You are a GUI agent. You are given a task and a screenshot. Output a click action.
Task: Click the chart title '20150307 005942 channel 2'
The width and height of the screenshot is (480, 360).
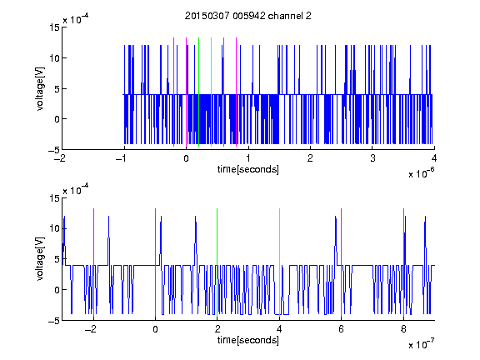[x=248, y=16]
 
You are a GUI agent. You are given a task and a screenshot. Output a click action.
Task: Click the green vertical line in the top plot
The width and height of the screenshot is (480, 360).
[x=198, y=92]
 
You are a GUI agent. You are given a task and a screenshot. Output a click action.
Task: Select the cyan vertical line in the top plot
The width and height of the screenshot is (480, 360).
[x=211, y=92]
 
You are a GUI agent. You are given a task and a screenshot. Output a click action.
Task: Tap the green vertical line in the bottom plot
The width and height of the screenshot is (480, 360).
[x=217, y=262]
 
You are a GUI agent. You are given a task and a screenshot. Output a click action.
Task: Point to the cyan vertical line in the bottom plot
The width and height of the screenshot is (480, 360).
[x=279, y=262]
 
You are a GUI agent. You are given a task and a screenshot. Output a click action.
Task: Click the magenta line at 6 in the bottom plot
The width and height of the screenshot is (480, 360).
[x=342, y=262]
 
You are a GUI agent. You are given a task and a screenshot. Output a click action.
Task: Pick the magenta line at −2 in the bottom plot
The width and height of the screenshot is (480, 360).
[x=93, y=262]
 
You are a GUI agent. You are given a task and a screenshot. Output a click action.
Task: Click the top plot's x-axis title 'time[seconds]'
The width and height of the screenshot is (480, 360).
[x=248, y=169]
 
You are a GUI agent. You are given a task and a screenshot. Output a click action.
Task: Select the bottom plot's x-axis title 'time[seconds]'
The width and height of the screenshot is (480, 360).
[x=248, y=340]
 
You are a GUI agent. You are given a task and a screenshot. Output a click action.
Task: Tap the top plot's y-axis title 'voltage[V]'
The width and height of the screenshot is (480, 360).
[x=40, y=89]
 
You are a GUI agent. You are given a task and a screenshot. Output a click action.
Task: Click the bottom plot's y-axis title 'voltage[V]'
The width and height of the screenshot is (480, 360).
[x=40, y=259]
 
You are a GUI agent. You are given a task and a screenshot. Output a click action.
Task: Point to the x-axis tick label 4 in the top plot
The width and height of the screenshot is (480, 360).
[x=434, y=158]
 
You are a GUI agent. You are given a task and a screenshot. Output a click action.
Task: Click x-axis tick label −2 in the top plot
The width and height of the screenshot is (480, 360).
[x=61, y=158]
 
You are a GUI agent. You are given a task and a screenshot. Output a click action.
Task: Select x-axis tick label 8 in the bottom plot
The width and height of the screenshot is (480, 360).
[x=403, y=329]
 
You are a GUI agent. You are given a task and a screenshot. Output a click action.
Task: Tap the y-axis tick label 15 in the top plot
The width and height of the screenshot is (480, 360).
[x=54, y=27]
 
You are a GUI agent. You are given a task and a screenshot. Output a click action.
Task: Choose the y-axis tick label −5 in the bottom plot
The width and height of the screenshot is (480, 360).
[x=54, y=321]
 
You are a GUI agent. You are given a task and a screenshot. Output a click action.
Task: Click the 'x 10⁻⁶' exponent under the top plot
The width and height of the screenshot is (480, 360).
[x=421, y=172]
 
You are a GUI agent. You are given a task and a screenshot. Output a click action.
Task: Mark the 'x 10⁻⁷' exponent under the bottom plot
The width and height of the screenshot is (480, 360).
[x=421, y=343]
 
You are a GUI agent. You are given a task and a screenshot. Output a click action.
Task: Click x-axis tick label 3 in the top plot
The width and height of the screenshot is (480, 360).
[x=372, y=158]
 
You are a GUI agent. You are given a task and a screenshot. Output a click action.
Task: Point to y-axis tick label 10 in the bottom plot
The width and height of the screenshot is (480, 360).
[x=54, y=228]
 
